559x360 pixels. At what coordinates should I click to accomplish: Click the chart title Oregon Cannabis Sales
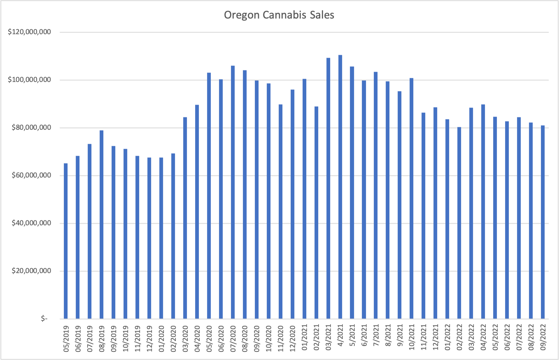(x=279, y=16)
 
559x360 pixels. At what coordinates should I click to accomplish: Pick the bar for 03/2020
(x=185, y=218)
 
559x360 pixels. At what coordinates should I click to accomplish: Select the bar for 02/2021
(x=316, y=213)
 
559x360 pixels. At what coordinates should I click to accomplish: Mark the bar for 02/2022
(x=459, y=223)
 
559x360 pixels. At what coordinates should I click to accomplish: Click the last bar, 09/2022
(x=543, y=222)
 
